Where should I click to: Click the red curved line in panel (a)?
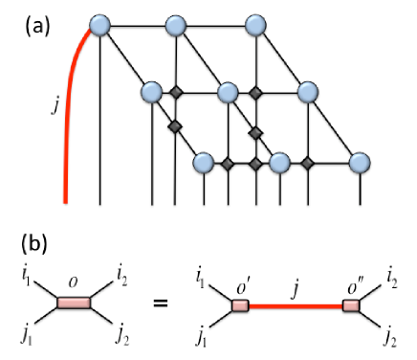coord(68,115)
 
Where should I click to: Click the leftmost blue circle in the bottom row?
coord(203,162)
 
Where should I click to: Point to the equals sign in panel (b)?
coord(163,305)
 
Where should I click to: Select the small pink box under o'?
coord(239,305)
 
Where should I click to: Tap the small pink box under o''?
coord(350,305)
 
